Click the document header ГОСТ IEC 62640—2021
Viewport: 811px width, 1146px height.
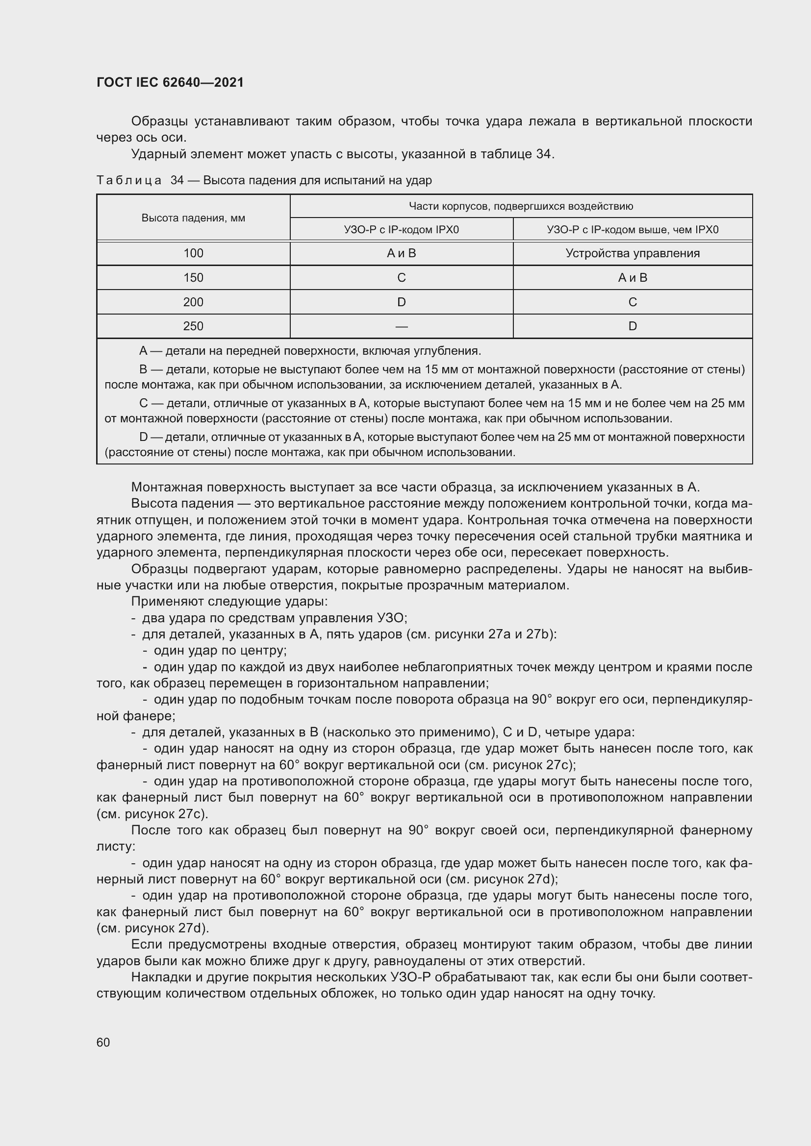click(170, 82)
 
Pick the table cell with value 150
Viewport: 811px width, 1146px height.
click(193, 277)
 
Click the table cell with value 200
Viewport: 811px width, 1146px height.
click(193, 302)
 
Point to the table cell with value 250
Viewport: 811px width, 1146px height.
click(193, 326)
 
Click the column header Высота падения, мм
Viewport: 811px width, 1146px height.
click(193, 218)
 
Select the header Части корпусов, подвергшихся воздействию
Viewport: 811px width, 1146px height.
click(521, 206)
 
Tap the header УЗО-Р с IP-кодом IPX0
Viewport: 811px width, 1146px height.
click(401, 230)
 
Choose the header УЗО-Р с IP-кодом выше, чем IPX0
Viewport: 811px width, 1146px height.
click(632, 230)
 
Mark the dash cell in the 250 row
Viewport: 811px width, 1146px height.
click(401, 326)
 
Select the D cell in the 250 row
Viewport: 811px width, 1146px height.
click(632, 326)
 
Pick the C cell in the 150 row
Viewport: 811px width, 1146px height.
click(401, 277)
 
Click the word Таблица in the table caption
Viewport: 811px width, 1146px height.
click(129, 180)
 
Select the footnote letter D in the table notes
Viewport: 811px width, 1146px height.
click(143, 437)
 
